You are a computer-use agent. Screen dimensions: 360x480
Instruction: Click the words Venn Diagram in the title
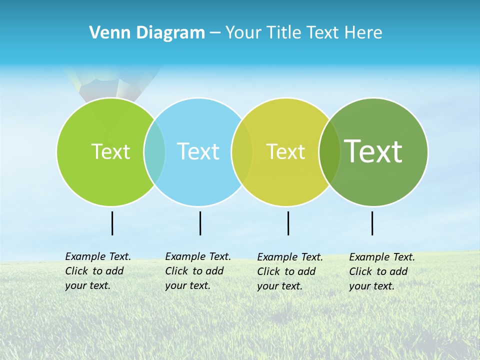(x=147, y=33)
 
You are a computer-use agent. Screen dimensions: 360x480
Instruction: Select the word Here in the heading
(x=363, y=33)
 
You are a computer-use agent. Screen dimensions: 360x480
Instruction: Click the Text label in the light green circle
(x=110, y=151)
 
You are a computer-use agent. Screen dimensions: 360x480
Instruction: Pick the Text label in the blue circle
(x=198, y=151)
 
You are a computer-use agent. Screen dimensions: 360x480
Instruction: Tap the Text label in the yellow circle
(x=285, y=151)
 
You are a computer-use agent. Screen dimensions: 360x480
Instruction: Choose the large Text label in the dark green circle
(x=373, y=151)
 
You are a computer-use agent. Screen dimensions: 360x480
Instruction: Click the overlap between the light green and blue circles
(x=154, y=151)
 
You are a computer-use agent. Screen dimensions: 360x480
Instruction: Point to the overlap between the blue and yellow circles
(x=242, y=151)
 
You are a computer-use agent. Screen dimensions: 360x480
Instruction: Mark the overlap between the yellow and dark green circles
(x=329, y=151)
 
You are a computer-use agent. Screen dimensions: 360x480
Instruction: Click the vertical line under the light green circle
(x=112, y=223)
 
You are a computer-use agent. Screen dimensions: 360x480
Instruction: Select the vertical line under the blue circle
(x=200, y=223)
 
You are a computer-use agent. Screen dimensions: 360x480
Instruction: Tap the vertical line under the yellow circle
(x=288, y=223)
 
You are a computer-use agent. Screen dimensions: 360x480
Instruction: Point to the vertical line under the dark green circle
(x=372, y=223)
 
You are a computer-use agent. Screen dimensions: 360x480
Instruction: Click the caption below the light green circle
(x=98, y=271)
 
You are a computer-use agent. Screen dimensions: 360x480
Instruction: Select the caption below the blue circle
(x=198, y=271)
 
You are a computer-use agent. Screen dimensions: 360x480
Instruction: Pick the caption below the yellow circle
(x=290, y=271)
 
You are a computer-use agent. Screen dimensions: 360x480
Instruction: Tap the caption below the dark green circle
(x=382, y=271)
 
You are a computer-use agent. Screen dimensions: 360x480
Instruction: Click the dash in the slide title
(x=215, y=33)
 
